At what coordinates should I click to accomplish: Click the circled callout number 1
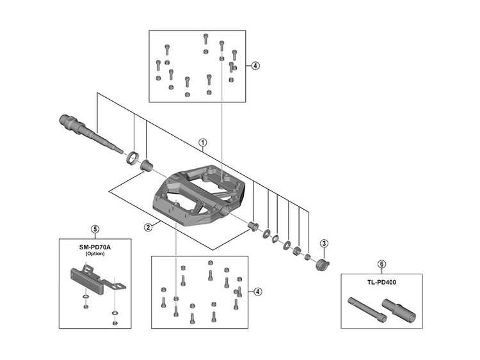[x=203, y=143]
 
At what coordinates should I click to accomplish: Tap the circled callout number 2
[x=148, y=227]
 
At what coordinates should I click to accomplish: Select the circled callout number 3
[x=324, y=244]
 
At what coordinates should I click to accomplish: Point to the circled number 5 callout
[x=95, y=229]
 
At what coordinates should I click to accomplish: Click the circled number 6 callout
[x=381, y=263]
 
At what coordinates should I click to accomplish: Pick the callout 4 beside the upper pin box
[x=255, y=65]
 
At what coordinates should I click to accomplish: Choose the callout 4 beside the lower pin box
[x=258, y=292]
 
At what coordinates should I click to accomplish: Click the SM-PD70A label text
[x=95, y=247]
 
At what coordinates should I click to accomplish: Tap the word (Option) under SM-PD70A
[x=95, y=254]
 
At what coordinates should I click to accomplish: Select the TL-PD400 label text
[x=381, y=283]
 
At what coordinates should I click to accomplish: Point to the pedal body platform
[x=199, y=196]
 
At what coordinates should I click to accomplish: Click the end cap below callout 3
[x=323, y=265]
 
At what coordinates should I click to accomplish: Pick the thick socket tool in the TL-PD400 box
[x=399, y=310]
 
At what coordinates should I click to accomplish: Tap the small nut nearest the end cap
[x=308, y=256]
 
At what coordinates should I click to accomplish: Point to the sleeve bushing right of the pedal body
[x=253, y=227]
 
